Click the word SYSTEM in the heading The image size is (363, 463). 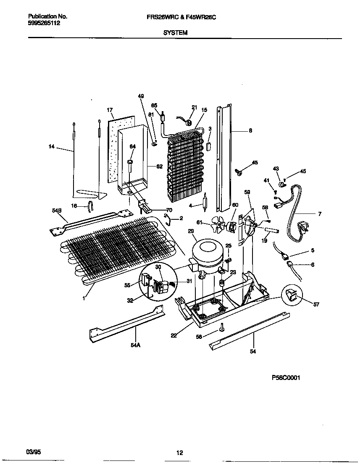click(x=175, y=32)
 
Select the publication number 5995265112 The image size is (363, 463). click(x=44, y=23)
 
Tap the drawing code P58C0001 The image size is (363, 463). click(x=286, y=377)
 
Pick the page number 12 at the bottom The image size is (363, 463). click(x=179, y=453)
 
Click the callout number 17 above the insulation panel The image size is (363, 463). click(x=110, y=110)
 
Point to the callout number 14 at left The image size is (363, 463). click(x=52, y=147)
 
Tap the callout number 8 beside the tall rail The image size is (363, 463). click(x=250, y=130)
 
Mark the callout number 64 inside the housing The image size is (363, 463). click(x=133, y=146)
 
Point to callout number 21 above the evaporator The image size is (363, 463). click(x=194, y=107)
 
